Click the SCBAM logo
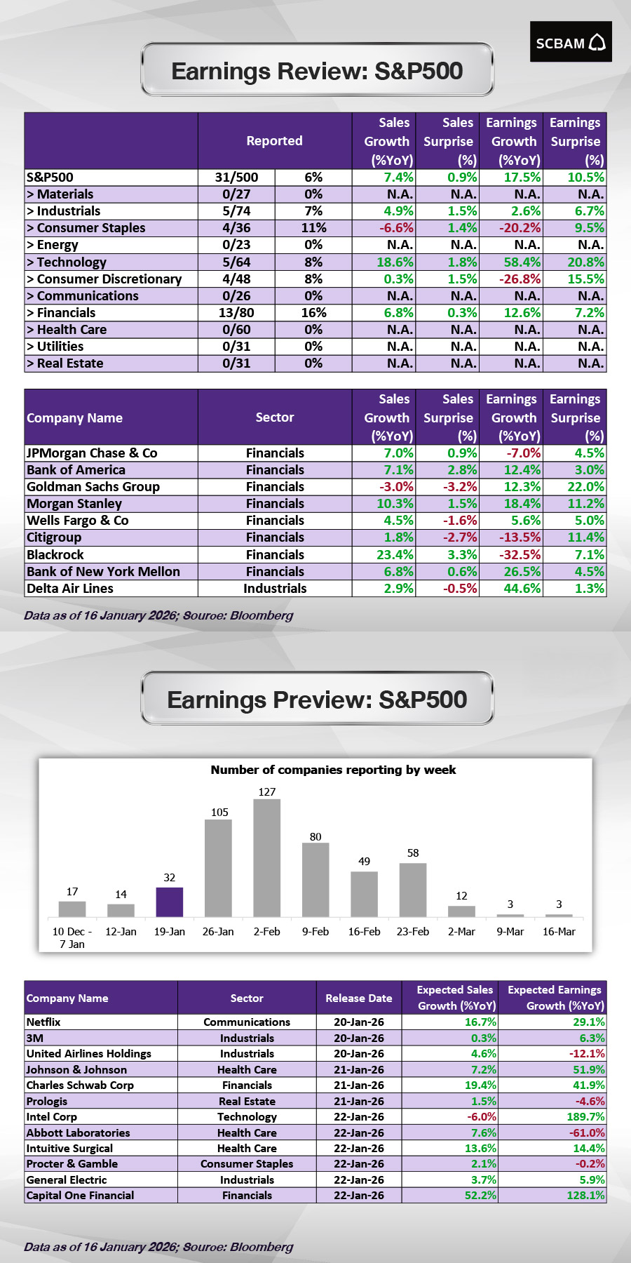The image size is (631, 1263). point(570,42)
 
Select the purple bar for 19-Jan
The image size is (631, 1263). point(169,902)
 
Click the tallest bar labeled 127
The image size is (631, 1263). point(266,857)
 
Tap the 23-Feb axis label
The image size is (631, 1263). point(412,932)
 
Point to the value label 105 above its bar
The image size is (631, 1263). point(219,812)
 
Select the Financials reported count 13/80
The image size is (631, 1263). point(236,313)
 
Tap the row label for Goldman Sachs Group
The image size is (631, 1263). point(93,487)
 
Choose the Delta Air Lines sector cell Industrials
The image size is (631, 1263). point(275,589)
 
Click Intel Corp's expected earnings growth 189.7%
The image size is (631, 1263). point(585,1116)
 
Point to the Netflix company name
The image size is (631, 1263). point(43,1022)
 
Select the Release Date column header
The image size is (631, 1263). point(359,998)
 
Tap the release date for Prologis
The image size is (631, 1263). point(359,1101)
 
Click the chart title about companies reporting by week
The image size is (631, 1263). point(333,770)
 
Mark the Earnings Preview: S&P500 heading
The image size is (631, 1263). point(317,700)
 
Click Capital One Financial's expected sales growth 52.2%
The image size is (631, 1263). point(480,1195)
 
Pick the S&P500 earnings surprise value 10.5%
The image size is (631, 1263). point(585,178)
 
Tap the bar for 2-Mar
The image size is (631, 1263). point(461,911)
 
